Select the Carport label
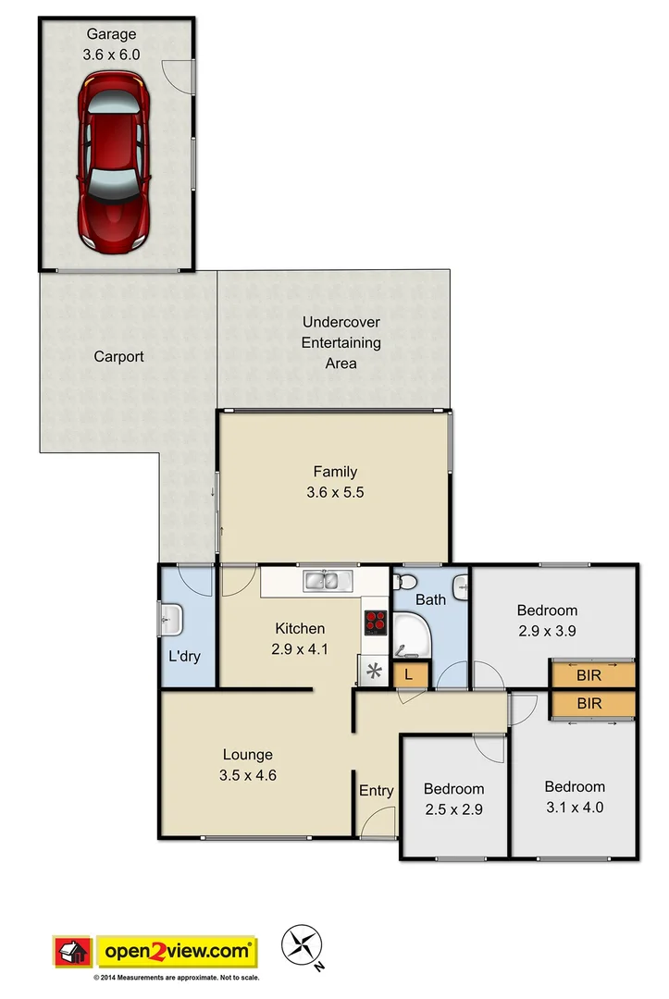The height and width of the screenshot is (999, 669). (119, 356)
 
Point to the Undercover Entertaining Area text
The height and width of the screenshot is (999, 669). (341, 342)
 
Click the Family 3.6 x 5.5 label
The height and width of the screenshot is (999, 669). (334, 482)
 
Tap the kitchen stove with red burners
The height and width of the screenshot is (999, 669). (375, 622)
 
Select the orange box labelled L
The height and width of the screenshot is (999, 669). (409, 675)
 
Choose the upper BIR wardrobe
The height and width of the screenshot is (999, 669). (591, 674)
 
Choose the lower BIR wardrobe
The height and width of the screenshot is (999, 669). (591, 704)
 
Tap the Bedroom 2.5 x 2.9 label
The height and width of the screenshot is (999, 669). (453, 798)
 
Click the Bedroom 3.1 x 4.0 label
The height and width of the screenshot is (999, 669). (575, 796)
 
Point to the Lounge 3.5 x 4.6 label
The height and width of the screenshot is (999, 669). (247, 765)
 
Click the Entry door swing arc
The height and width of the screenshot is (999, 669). (377, 823)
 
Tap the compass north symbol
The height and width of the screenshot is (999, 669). (303, 943)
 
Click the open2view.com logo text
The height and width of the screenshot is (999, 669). (179, 951)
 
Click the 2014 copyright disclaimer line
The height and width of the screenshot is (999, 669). (176, 977)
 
